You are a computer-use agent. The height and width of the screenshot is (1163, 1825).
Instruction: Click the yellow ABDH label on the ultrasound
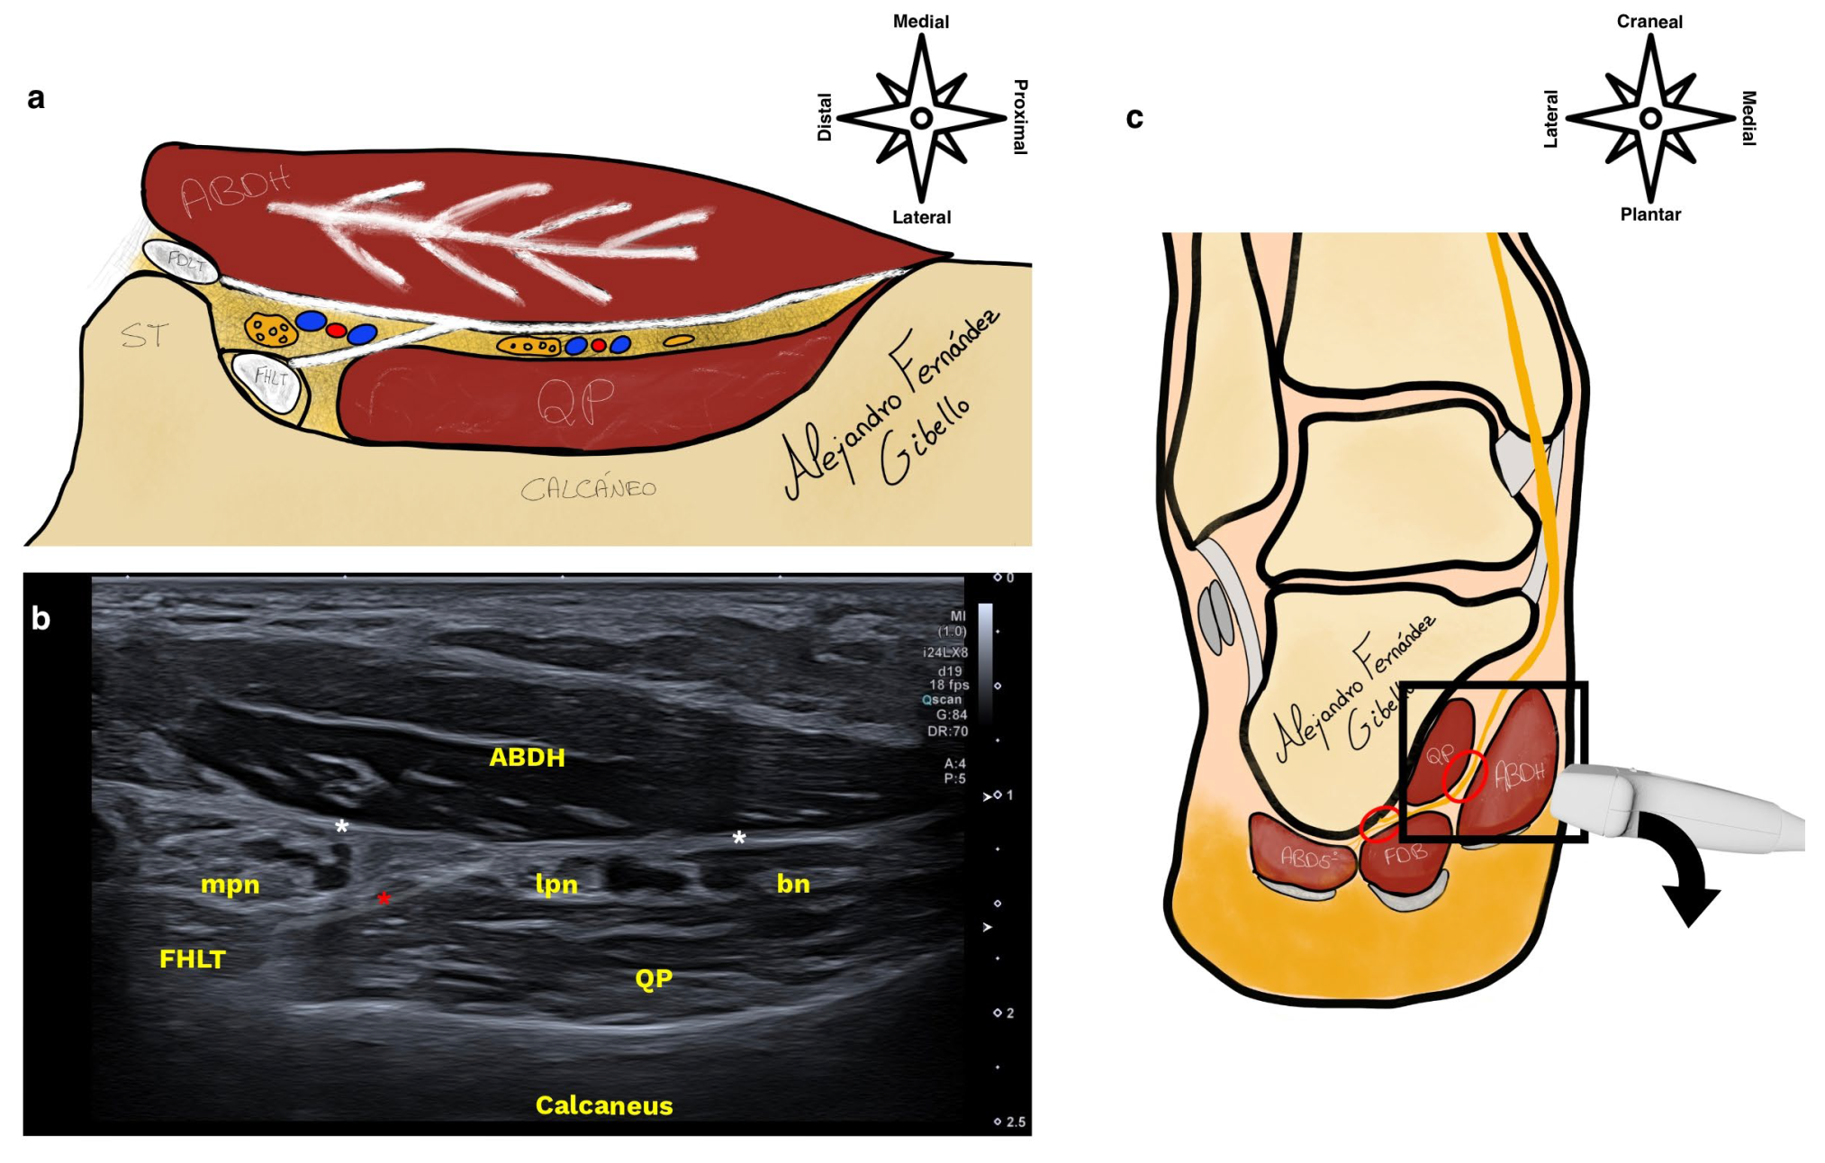pos(527,758)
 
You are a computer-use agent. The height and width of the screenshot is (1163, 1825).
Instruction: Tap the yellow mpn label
pos(230,885)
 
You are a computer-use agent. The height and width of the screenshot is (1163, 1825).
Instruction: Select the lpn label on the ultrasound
pos(556,885)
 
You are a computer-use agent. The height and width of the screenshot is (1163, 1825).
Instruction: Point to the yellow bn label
pos(793,884)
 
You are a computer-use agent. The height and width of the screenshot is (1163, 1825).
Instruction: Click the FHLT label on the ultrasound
pos(193,959)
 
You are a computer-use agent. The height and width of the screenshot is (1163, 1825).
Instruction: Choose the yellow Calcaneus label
pos(604,1105)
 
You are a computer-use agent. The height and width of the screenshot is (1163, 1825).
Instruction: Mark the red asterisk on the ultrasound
pos(384,899)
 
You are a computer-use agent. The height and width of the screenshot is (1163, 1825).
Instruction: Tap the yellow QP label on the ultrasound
pos(654,979)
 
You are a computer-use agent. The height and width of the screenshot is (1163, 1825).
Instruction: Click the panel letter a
pos(36,97)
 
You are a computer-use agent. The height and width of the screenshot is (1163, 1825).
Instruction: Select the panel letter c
pos(1134,118)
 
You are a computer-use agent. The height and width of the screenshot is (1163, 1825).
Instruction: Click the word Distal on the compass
pos(825,117)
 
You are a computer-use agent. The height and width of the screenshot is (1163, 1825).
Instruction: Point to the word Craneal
pos(1649,22)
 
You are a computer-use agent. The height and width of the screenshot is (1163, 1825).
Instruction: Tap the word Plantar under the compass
pos(1650,214)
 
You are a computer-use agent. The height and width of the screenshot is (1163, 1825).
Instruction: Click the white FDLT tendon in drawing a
pos(183,262)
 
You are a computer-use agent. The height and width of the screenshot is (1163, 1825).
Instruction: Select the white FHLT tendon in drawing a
pos(271,381)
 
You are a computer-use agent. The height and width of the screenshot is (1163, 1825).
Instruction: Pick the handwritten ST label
pos(144,336)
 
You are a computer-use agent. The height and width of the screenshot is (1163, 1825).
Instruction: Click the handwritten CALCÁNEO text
pos(589,488)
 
